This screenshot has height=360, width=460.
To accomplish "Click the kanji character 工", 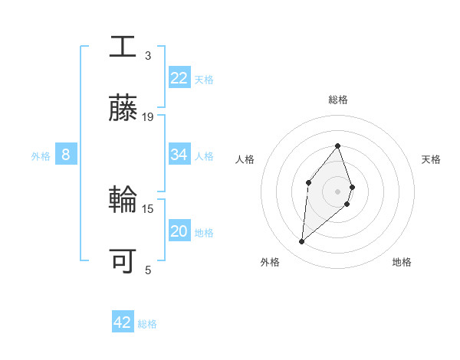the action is [x=123, y=47].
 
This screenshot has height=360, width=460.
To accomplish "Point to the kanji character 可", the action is [x=123, y=261].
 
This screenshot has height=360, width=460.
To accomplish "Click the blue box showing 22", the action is [x=179, y=78].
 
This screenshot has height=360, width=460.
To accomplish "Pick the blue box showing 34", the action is [x=179, y=155].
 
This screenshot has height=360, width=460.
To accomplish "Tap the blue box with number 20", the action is [x=179, y=231].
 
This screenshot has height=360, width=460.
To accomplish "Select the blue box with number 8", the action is [x=66, y=155].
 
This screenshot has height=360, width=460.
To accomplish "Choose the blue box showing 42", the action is [x=123, y=322].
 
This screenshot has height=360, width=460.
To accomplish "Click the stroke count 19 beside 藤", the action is [x=148, y=117].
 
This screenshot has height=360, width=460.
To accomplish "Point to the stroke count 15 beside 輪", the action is [x=148, y=208].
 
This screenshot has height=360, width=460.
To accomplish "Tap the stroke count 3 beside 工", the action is [x=148, y=56].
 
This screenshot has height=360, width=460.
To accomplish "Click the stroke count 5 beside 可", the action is [x=148, y=270].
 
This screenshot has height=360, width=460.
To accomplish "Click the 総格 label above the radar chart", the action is [x=338, y=100].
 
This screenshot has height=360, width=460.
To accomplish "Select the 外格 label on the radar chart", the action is [x=269, y=262].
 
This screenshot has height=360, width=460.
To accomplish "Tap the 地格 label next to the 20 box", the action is [x=204, y=232].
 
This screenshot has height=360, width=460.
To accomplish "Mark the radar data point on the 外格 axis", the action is [x=302, y=242].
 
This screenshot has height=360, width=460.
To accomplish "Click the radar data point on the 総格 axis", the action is [x=337, y=146].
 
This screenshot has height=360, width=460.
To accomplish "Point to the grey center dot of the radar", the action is [x=337, y=191].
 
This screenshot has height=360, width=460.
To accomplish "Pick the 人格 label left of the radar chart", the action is [x=245, y=159].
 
